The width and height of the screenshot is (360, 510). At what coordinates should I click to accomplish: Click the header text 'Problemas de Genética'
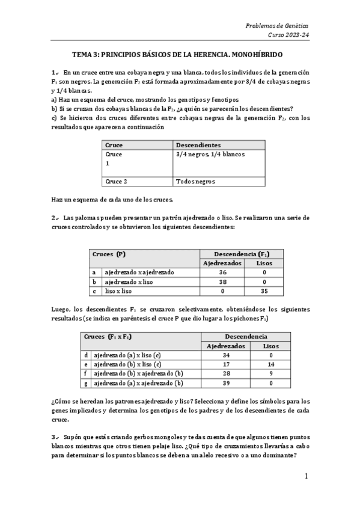[x=277, y=25]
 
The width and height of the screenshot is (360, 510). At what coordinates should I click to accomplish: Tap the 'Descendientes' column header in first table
[x=198, y=145]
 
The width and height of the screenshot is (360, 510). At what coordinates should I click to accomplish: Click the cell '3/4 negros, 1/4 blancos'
[x=210, y=155]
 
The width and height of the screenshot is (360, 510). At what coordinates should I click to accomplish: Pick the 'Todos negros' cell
[x=196, y=181]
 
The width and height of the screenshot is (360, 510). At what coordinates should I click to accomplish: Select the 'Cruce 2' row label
[x=117, y=181]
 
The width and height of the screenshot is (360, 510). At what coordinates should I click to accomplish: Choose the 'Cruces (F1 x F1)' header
[x=112, y=336]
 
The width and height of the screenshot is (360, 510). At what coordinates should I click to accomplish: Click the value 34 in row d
[x=226, y=355]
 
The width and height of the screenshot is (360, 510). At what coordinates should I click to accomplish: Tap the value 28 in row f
[x=226, y=373]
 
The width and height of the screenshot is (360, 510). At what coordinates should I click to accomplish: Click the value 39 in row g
[x=226, y=383]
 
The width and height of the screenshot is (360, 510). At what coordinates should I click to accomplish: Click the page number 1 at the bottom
[x=306, y=476]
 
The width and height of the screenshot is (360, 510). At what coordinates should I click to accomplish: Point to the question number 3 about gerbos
[x=54, y=436]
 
